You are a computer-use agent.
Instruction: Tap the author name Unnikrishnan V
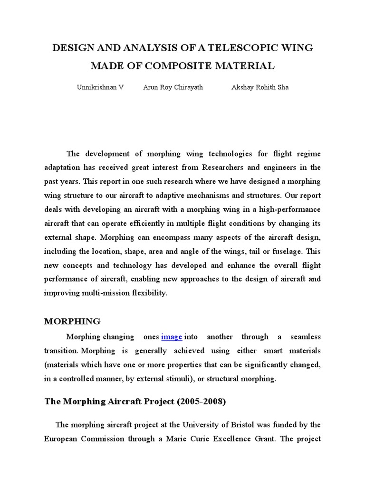[x=100, y=88]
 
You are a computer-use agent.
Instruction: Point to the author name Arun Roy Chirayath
[x=173, y=88]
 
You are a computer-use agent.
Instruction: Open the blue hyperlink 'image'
[x=172, y=337]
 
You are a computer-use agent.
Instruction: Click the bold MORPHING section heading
[x=72, y=321]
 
